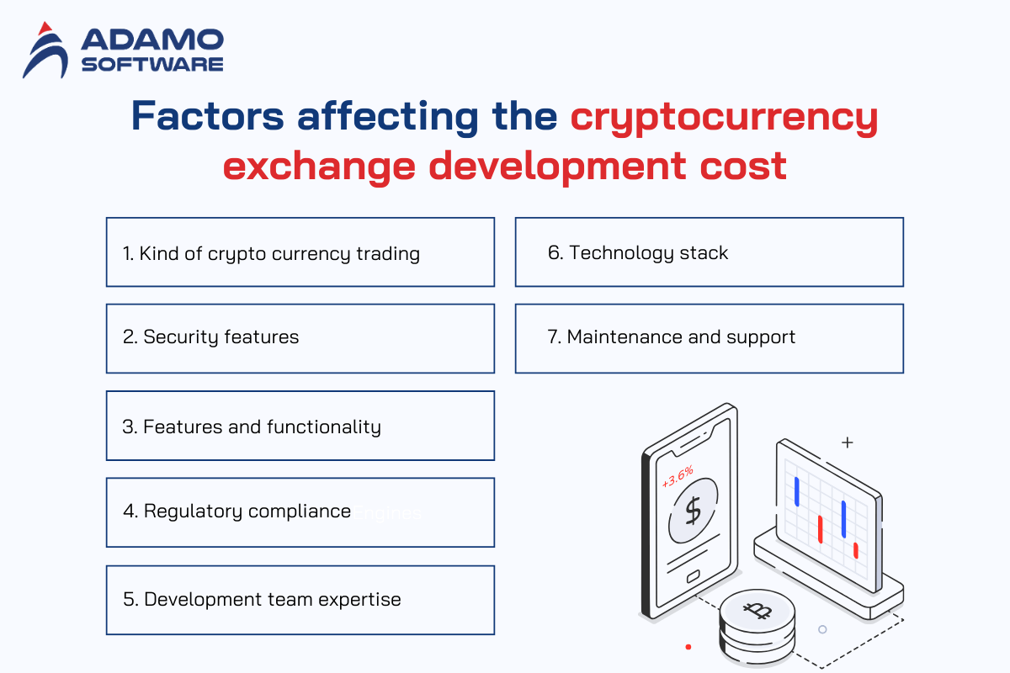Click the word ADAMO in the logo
click(x=152, y=40)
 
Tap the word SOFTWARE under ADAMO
click(x=152, y=65)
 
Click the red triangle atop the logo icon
click(x=45, y=29)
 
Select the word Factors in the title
click(x=207, y=116)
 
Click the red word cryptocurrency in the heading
click(x=724, y=118)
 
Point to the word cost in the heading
click(x=743, y=166)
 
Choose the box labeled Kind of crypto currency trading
click(x=300, y=252)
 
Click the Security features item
click(x=300, y=338)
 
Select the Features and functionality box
click(x=300, y=426)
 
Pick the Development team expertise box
click(x=300, y=600)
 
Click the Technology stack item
click(x=710, y=252)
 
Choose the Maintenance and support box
click(x=710, y=338)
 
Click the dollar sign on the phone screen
click(x=693, y=511)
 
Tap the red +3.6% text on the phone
click(x=678, y=477)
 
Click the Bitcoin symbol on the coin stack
click(x=757, y=611)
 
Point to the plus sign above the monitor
click(x=848, y=442)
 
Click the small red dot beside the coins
click(x=688, y=647)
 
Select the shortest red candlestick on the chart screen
click(x=856, y=550)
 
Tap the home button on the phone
click(x=693, y=576)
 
